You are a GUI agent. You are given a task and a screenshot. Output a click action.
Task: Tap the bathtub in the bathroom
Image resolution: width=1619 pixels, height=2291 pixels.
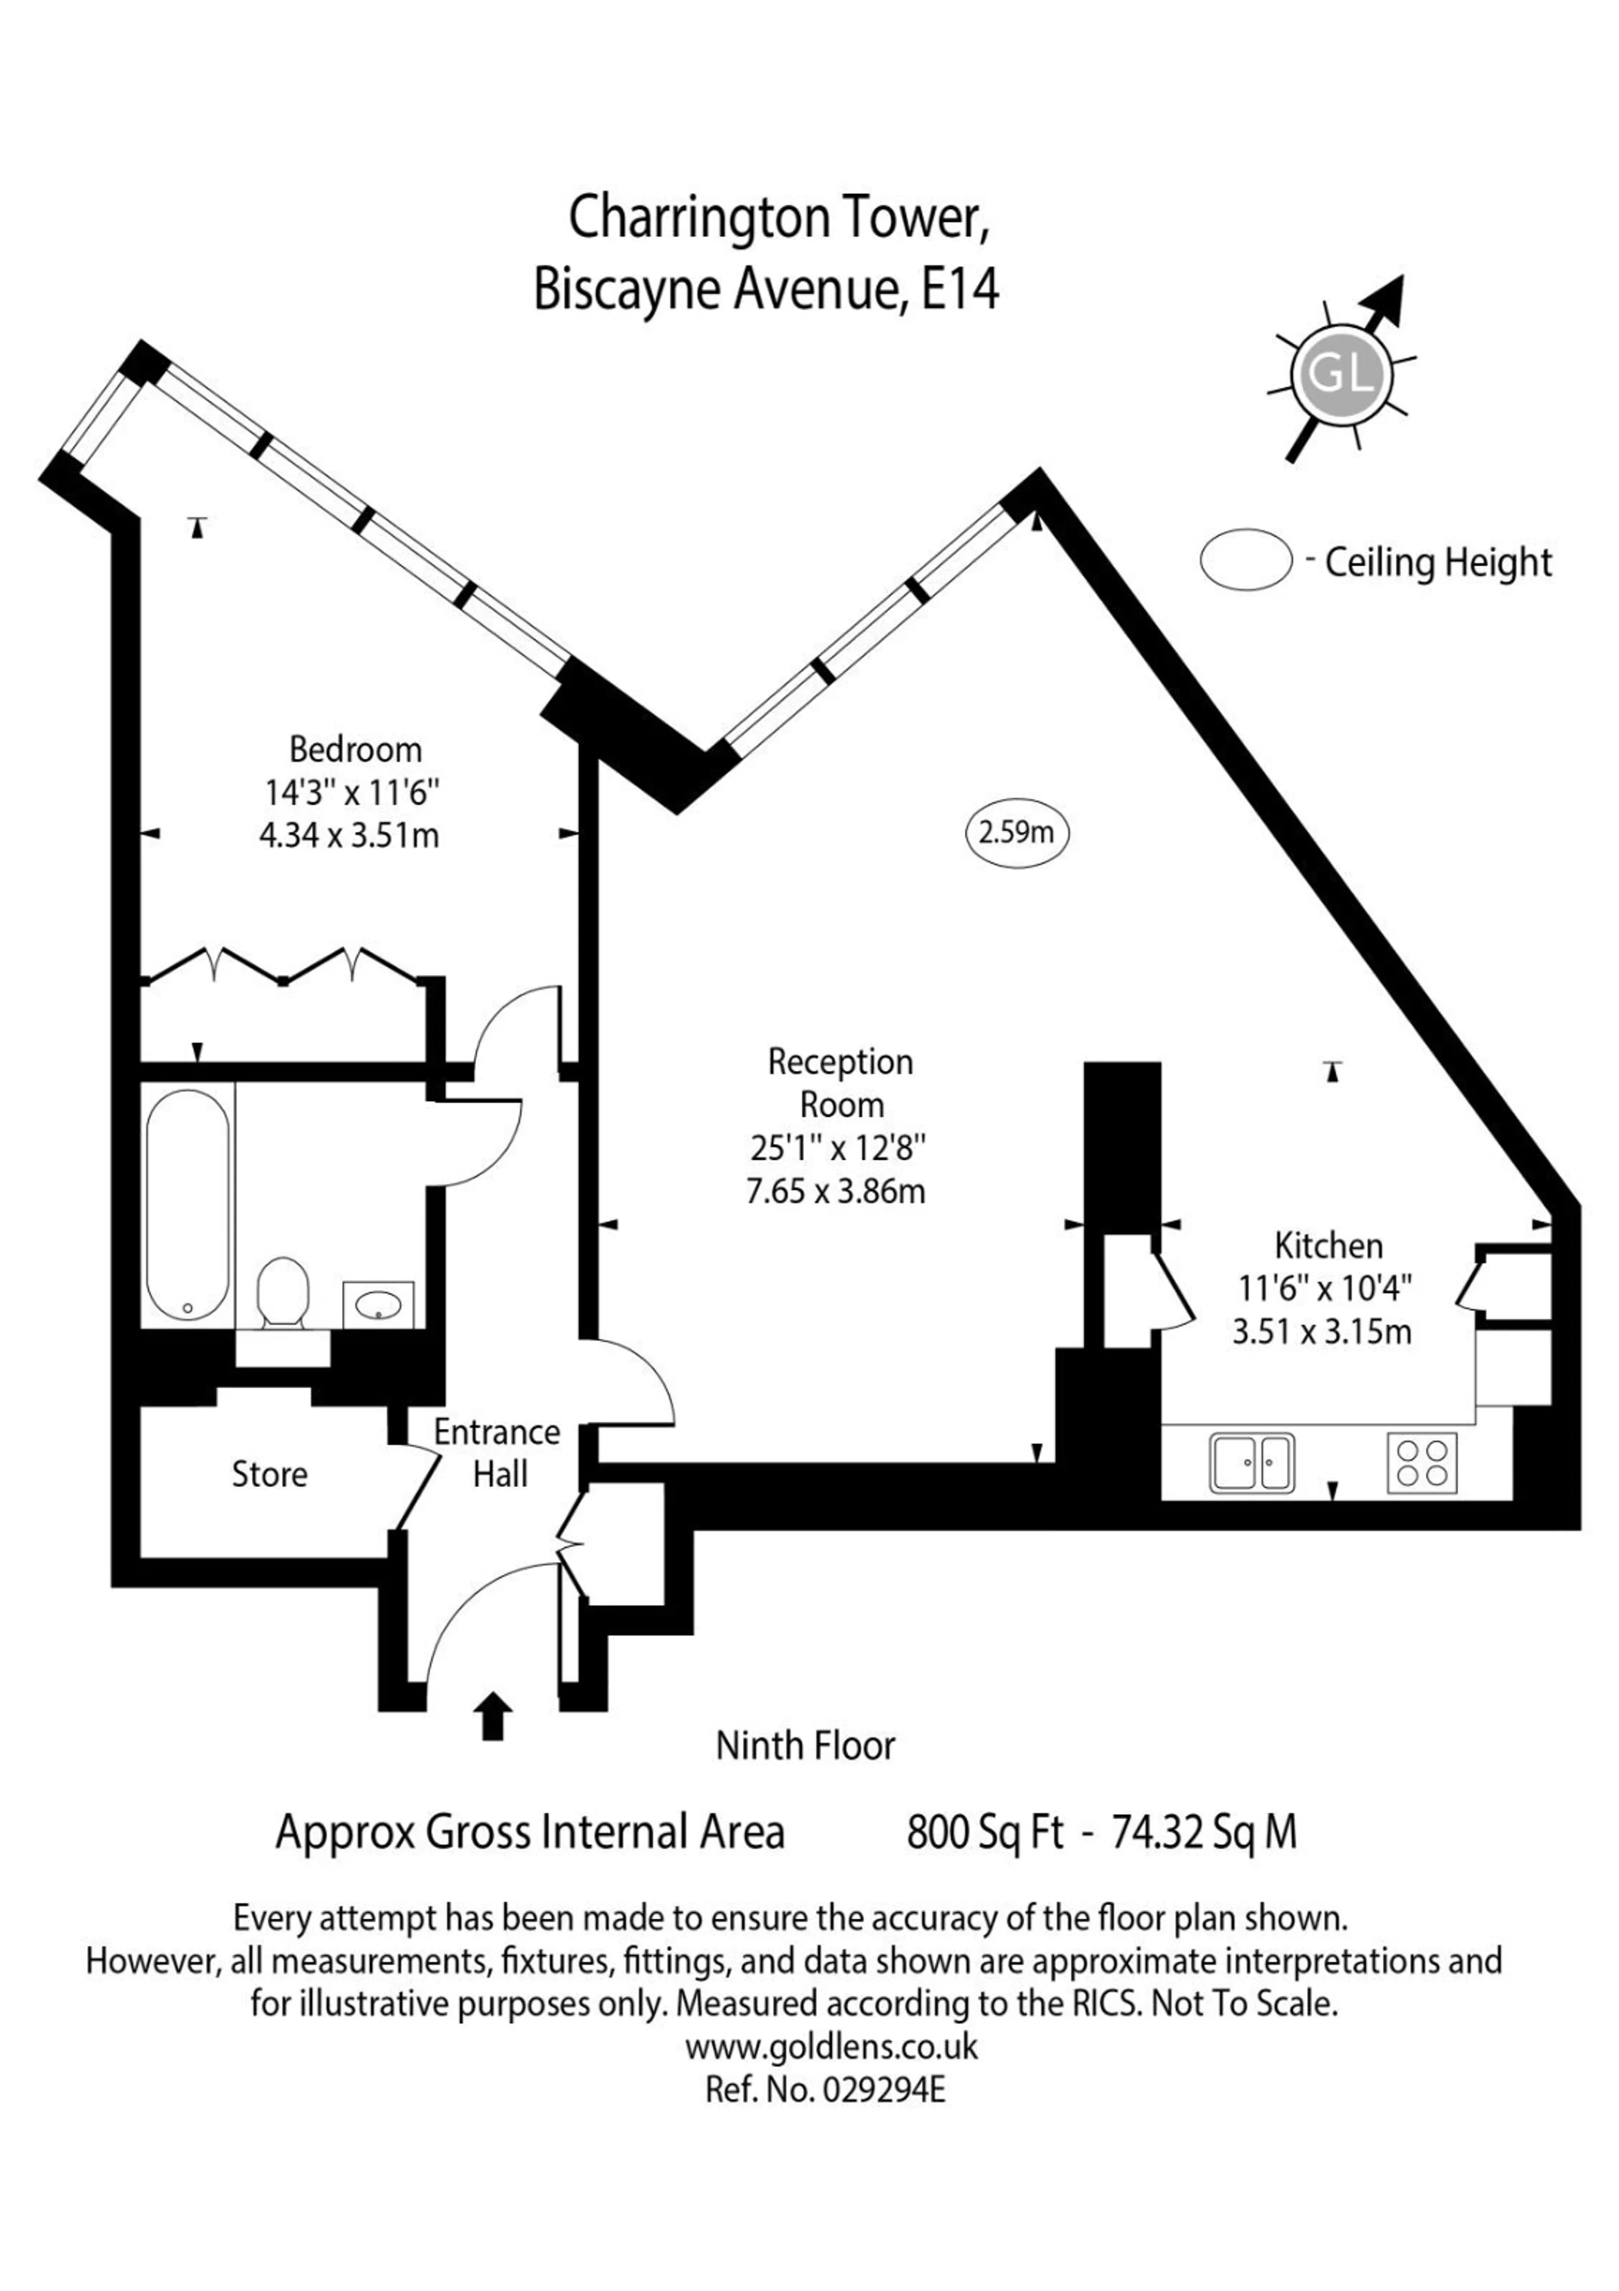point(187,1205)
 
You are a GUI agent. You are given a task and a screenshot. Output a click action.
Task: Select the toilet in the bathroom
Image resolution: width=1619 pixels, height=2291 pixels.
point(283,1292)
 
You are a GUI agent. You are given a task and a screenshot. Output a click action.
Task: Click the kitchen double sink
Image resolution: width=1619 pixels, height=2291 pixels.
point(1252,1463)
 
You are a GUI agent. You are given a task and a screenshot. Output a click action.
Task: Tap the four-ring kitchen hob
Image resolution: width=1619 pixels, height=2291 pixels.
point(1422,1463)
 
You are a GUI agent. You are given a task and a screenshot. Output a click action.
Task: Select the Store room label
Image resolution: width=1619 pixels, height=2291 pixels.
point(269,1474)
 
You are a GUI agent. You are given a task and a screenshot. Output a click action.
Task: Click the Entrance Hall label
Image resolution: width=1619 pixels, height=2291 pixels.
point(497,1453)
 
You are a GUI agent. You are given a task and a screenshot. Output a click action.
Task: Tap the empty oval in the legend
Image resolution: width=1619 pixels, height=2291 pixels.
point(1246,560)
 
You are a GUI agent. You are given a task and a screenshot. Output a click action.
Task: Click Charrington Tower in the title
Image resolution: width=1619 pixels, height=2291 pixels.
point(779,218)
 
